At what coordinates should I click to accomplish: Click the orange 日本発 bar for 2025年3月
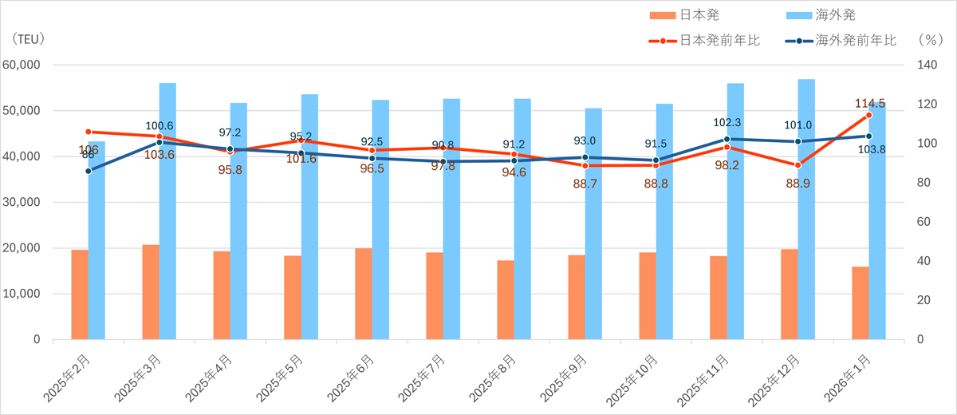click(x=151, y=292)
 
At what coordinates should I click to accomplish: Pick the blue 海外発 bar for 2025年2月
click(x=96, y=240)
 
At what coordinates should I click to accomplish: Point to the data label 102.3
click(x=727, y=123)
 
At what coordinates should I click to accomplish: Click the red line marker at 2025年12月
click(x=797, y=165)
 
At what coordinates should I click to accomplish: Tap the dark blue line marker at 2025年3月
click(x=159, y=142)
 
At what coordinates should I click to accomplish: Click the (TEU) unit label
click(x=29, y=38)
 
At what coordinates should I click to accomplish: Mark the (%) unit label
click(x=930, y=38)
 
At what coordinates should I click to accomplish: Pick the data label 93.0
click(x=585, y=140)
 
